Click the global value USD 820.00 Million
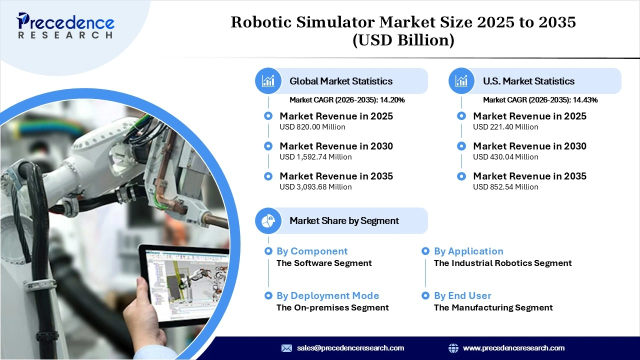click(x=312, y=127)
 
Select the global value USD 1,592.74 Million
click(x=315, y=157)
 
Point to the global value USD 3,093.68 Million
click(x=315, y=187)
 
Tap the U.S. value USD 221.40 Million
click(x=505, y=127)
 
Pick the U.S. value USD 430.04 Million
click(x=505, y=157)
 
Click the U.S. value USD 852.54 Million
click(x=505, y=187)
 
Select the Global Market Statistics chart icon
click(x=268, y=81)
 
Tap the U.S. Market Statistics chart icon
click(x=461, y=81)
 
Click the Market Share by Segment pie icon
click(x=268, y=220)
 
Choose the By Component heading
click(x=311, y=251)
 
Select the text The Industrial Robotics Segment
click(x=502, y=263)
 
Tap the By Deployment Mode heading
click(x=327, y=296)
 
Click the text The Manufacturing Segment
click(x=493, y=307)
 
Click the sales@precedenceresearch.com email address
click(x=350, y=348)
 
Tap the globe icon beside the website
click(x=453, y=348)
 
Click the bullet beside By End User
click(x=425, y=296)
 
